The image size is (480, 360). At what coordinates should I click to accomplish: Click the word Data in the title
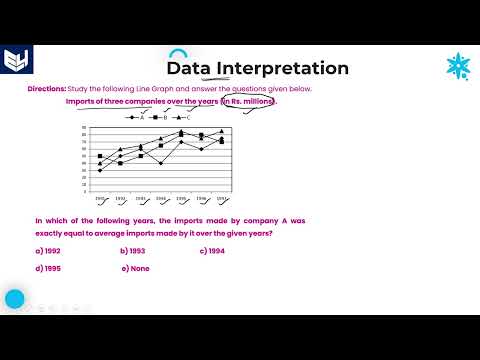tap(187, 69)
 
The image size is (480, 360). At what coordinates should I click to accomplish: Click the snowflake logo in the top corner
tap(458, 67)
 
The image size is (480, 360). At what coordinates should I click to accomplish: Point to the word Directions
tap(46, 89)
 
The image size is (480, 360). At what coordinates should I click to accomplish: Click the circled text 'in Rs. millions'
tap(247, 101)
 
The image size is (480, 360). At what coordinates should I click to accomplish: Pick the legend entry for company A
tap(137, 117)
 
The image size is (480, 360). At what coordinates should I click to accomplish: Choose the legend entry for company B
tap(161, 117)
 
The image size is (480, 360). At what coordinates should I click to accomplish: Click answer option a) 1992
tap(46, 251)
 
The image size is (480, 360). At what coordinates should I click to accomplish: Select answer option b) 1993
tap(133, 251)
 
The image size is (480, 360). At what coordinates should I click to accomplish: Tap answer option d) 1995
tap(46, 269)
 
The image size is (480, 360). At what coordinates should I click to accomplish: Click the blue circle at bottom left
tap(15, 298)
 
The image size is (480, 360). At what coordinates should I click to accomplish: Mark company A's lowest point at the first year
tap(100, 170)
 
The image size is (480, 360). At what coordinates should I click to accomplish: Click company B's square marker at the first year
tap(100, 156)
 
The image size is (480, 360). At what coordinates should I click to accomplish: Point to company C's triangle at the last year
tap(221, 131)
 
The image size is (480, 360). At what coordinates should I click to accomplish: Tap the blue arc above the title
tap(178, 52)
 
